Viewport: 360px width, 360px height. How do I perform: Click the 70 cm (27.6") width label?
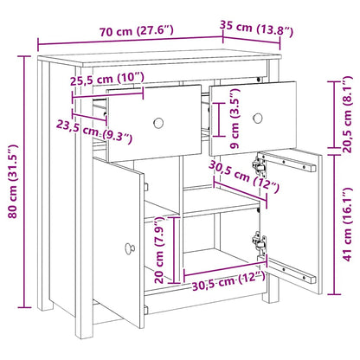137,30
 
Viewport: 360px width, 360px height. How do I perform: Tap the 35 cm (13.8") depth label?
256,28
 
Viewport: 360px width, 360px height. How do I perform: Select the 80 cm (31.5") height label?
13,181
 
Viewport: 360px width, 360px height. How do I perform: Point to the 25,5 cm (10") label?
107,79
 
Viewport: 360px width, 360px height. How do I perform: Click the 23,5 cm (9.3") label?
94,132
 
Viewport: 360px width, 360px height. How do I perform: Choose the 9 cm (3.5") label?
235,119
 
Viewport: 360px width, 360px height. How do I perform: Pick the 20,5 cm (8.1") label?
347,114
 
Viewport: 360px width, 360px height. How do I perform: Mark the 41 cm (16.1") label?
347,224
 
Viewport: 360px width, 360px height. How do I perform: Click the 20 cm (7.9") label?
159,250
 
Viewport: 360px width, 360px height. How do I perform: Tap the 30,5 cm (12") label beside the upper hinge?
244,177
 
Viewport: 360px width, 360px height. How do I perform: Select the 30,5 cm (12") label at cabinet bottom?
228,280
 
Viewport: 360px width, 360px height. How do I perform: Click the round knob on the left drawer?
158,123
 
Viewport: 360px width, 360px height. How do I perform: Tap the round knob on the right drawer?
258,118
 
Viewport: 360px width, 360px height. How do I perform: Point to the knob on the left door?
130,248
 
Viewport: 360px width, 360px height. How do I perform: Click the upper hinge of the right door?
259,165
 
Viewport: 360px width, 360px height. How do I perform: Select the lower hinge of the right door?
259,241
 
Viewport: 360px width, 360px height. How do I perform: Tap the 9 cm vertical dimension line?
219,119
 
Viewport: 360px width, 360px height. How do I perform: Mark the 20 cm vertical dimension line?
174,250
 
